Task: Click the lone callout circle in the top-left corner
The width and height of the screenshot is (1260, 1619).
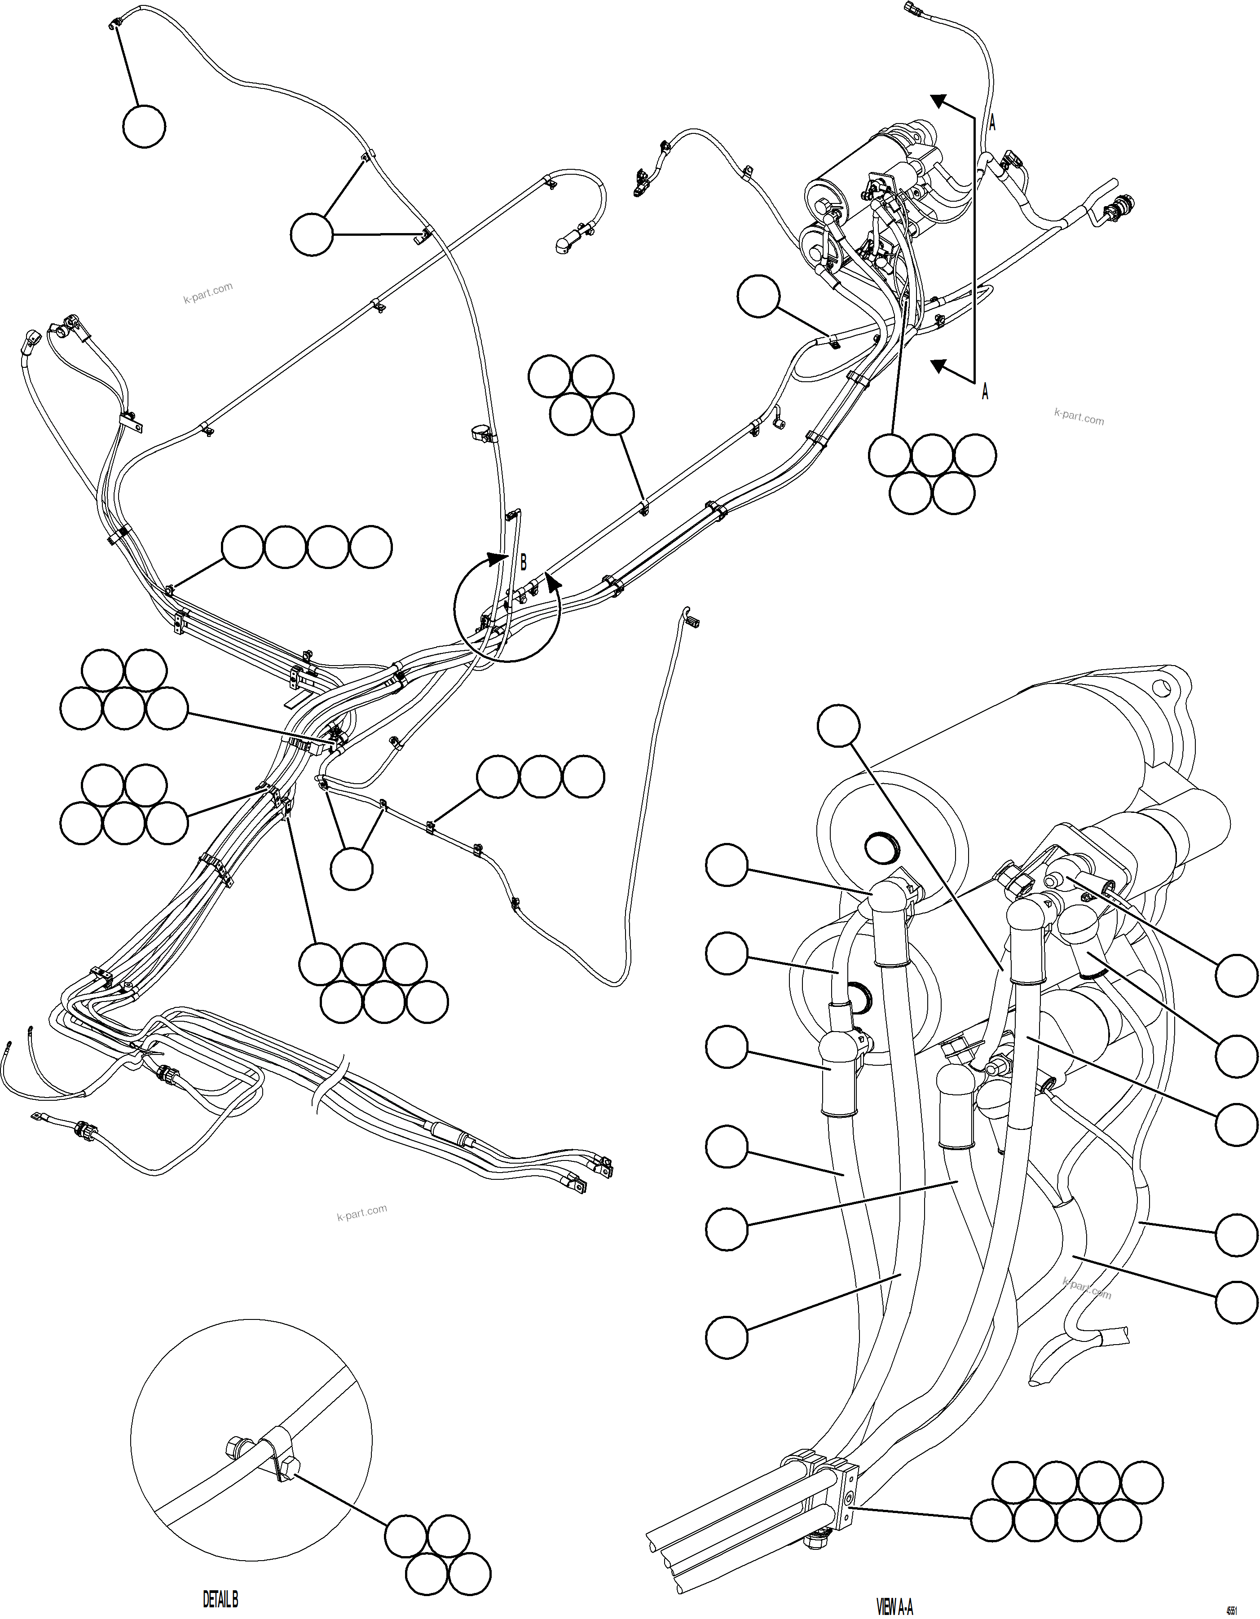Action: pos(144,127)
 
